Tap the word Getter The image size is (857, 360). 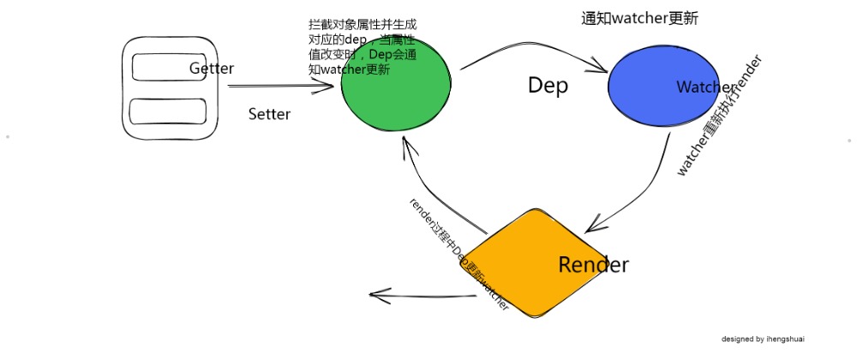[x=212, y=69]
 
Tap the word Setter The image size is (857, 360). [x=269, y=114]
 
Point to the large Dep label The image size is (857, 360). [x=548, y=86]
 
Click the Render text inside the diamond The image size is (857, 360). [x=593, y=265]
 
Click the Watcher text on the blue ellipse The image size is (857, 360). [x=705, y=87]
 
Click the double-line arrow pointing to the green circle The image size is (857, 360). [x=279, y=87]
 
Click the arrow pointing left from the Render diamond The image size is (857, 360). [x=420, y=296]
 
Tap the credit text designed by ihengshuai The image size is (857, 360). [x=762, y=339]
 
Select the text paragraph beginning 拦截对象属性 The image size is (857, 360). [x=363, y=48]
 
